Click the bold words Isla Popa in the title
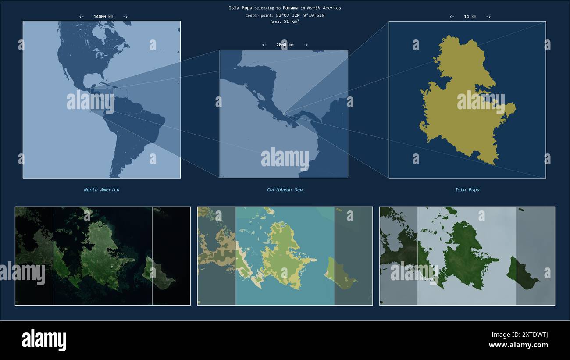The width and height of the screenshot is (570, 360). click(x=240, y=8)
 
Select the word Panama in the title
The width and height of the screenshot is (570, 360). click(x=290, y=8)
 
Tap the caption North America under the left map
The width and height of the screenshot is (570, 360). click(x=101, y=190)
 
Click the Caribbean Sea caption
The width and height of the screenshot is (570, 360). click(x=285, y=190)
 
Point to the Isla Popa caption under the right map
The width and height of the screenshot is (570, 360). click(x=467, y=190)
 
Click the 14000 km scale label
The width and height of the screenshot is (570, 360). click(x=103, y=17)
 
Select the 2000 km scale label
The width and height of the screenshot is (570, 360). click(x=285, y=45)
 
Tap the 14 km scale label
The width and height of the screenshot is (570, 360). click(x=470, y=17)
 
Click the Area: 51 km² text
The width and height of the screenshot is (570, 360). click(x=285, y=21)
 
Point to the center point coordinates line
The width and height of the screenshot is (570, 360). click(x=285, y=15)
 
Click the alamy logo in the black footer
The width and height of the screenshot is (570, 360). click(x=44, y=340)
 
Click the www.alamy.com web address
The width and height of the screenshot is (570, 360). click(x=518, y=345)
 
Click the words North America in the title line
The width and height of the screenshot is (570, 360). click(x=324, y=8)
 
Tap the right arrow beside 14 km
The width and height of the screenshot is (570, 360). click(x=488, y=17)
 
